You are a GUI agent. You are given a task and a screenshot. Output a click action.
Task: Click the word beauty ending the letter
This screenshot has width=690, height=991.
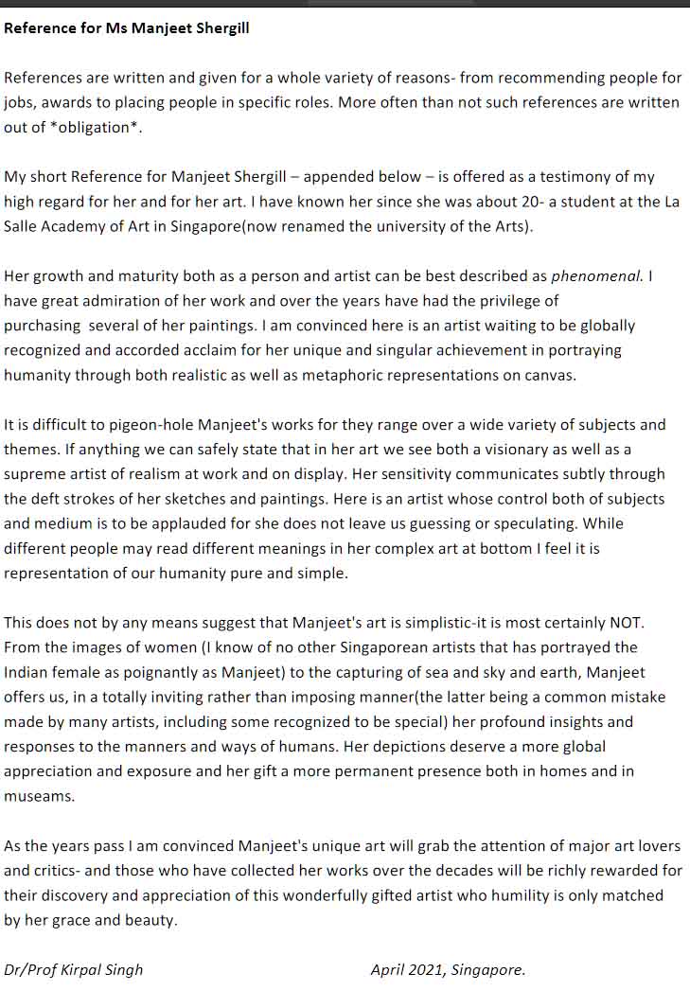153,919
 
